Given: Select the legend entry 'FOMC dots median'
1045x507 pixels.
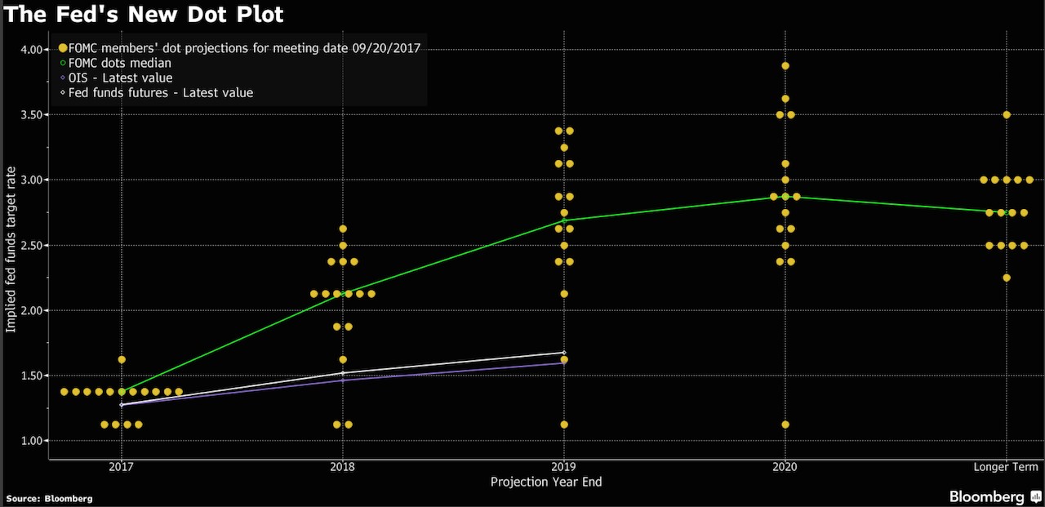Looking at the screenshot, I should (119, 63).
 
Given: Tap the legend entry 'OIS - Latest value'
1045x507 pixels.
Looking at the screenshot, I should (120, 78).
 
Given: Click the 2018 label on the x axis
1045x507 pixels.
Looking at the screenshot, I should (342, 467).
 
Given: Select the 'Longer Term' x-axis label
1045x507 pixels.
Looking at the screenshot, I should (1006, 467).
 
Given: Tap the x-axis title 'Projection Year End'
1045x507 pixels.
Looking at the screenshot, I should (545, 483).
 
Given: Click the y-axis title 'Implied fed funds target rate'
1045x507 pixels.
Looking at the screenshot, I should (11, 245).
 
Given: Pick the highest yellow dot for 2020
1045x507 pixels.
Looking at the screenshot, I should (785, 65).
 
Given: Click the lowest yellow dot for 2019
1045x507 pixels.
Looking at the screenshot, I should (564, 425).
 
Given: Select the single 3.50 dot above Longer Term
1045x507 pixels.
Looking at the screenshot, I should (1007, 114).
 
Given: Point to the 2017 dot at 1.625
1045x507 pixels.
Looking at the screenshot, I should (122, 359).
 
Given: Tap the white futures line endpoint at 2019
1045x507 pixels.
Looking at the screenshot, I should (564, 353).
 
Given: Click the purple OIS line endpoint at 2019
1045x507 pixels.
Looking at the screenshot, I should (564, 363).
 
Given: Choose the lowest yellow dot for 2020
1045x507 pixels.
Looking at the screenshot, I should (785, 425).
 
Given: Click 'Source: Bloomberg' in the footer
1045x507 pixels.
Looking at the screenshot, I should (49, 498).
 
